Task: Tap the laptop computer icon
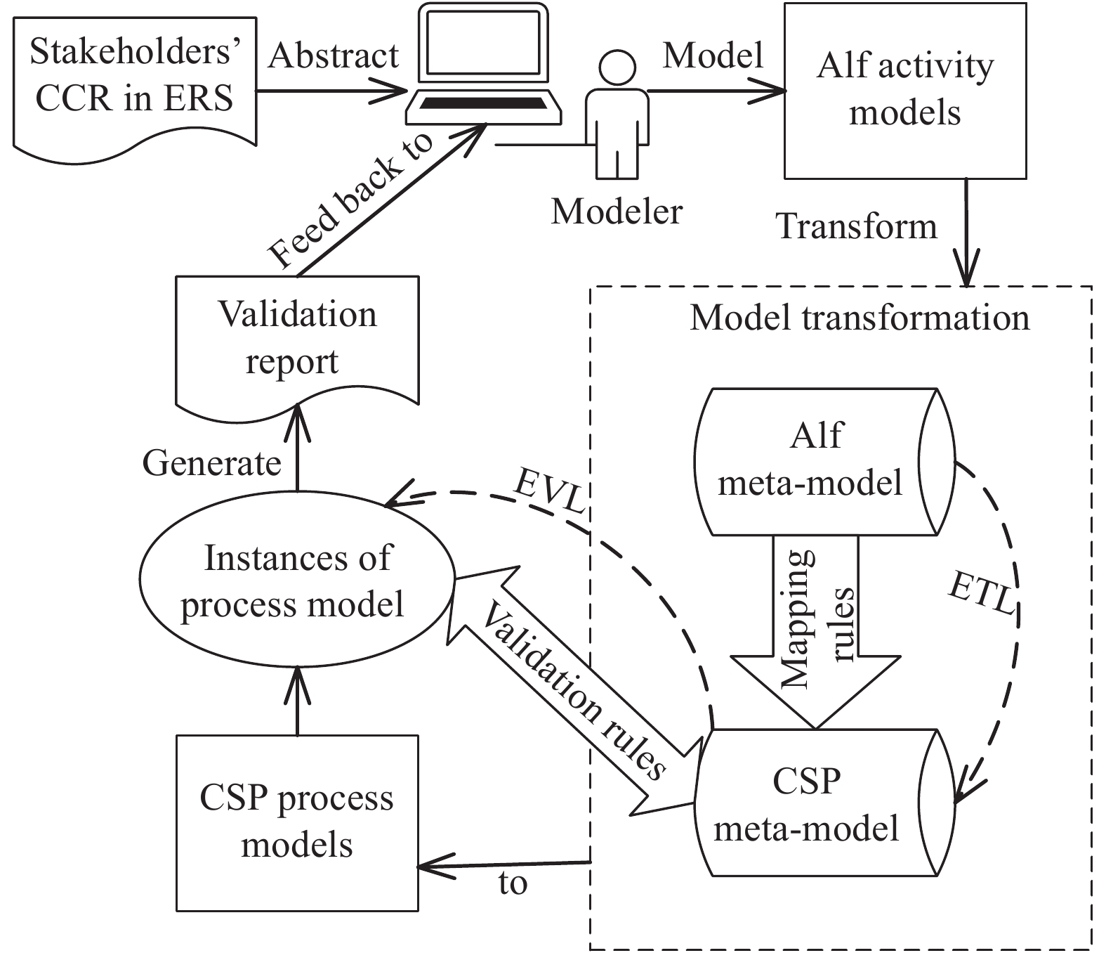coord(485,70)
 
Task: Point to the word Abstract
coord(334,56)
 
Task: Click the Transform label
coord(857,226)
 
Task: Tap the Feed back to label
coord(351,204)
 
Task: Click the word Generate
coord(211,464)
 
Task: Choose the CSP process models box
coord(297,822)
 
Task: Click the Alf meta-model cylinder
coord(815,460)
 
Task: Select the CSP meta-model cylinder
coord(815,803)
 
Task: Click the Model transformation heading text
coord(860,318)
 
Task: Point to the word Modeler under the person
coord(617,211)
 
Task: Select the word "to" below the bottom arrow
coord(513,883)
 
